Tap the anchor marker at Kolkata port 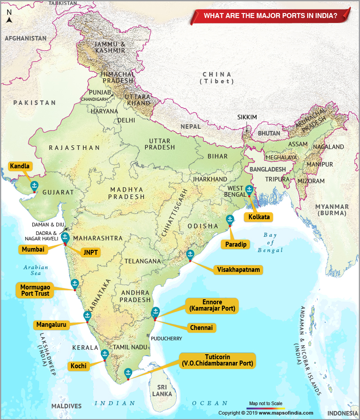pos(249,190)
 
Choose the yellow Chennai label pos(201,328)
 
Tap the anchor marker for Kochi pos(104,354)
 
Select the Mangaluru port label pos(52,324)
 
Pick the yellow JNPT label pos(90,252)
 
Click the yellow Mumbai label pos(33,249)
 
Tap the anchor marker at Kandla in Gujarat pos(34,185)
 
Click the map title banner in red pos(270,15)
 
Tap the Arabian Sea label pos(36,270)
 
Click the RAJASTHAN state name pos(74,148)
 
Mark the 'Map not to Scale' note pos(265,403)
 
